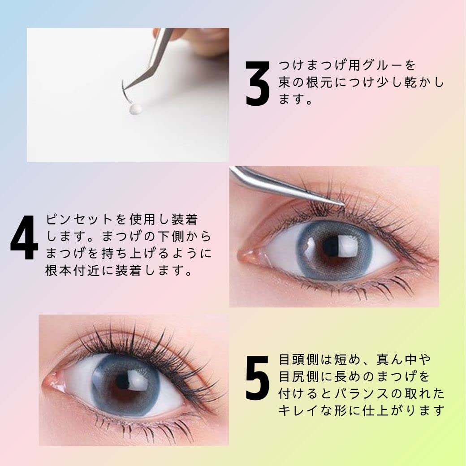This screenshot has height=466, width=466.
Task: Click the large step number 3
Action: point(258,83)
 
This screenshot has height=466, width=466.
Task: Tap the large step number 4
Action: point(24,237)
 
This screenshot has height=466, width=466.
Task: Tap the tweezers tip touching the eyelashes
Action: point(341,204)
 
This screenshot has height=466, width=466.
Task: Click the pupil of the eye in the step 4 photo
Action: point(332,247)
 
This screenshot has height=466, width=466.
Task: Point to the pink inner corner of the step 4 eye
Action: point(247,257)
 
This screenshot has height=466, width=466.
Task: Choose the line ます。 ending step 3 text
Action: point(295,100)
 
